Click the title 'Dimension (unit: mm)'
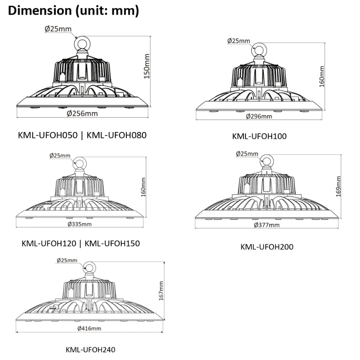coord(73,11)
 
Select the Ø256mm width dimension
coord(82,114)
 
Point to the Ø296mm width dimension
coord(259,116)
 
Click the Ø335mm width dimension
coord(79,224)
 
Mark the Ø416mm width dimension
coord(90,328)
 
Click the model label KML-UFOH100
coord(259,136)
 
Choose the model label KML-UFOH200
coord(267,246)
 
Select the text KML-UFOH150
coord(112,243)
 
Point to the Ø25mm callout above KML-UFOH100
coord(239,41)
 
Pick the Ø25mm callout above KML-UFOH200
coord(247,153)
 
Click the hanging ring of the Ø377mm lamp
coord(267,162)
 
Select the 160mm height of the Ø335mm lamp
coord(144,187)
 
